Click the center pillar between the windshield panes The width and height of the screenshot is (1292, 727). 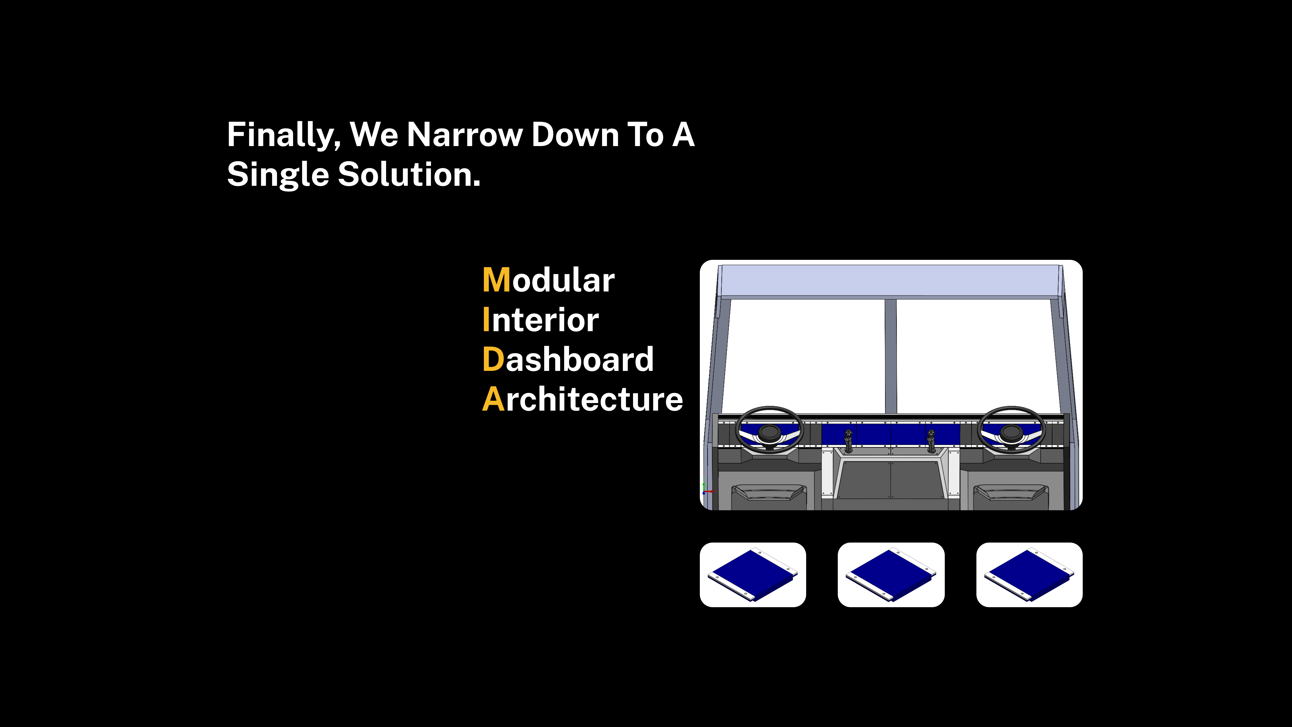click(x=891, y=356)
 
